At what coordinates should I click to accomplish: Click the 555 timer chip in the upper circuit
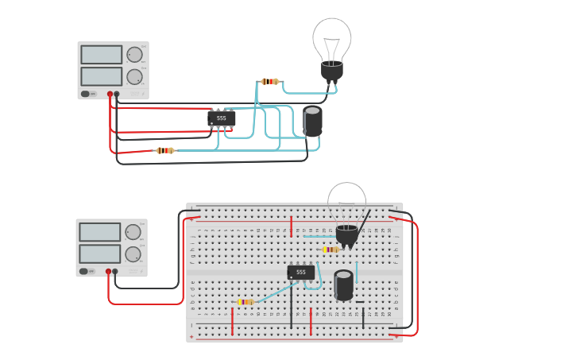point(222,118)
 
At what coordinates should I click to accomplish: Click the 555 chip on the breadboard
point(301,273)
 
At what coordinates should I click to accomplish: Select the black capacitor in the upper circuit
point(312,121)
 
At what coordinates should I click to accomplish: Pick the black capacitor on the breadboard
point(343,285)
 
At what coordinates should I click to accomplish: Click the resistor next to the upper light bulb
point(270,81)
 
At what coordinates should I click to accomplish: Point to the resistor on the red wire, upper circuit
point(164,150)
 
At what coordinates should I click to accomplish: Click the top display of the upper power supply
point(101,55)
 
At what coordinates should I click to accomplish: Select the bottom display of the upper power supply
point(101,76)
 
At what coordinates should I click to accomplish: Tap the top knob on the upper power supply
point(134,55)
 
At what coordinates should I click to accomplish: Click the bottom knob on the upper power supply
point(134,77)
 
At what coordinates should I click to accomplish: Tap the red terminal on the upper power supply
point(110,94)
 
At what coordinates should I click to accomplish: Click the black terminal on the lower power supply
point(115,271)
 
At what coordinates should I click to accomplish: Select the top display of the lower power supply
point(99,232)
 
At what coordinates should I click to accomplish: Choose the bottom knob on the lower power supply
point(133,254)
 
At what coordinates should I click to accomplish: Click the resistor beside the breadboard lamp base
point(330,250)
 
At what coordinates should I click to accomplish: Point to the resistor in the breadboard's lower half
point(245,302)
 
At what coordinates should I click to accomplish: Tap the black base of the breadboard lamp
point(347,234)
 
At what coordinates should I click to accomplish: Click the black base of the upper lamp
point(332,72)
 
